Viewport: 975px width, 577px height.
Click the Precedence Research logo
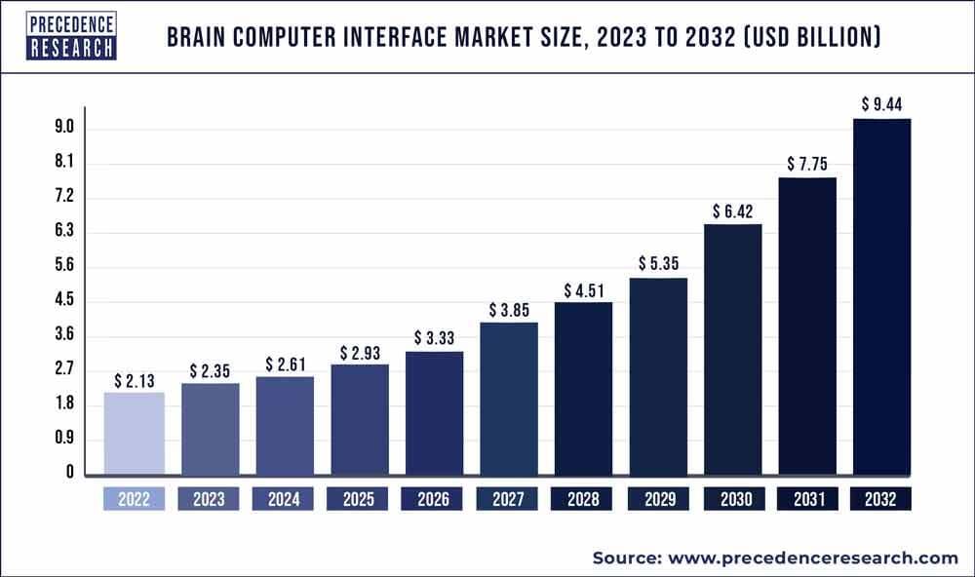point(58,35)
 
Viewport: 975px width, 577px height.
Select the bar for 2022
point(134,434)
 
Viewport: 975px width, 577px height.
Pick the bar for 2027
point(508,400)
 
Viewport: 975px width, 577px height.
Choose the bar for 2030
point(732,351)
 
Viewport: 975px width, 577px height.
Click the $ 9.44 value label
point(881,103)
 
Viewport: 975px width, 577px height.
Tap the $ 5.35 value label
point(658,263)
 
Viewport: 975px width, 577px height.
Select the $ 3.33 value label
point(434,337)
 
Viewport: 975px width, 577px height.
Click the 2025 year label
point(359,500)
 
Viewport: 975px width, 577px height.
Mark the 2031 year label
point(806,500)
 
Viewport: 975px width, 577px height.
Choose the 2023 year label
point(209,500)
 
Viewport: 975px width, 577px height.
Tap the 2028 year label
point(583,500)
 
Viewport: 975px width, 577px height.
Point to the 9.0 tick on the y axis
point(64,129)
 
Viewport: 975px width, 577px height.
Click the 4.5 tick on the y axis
point(64,301)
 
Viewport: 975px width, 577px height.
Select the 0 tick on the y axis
point(70,473)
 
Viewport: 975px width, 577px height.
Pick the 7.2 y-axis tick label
point(64,198)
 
